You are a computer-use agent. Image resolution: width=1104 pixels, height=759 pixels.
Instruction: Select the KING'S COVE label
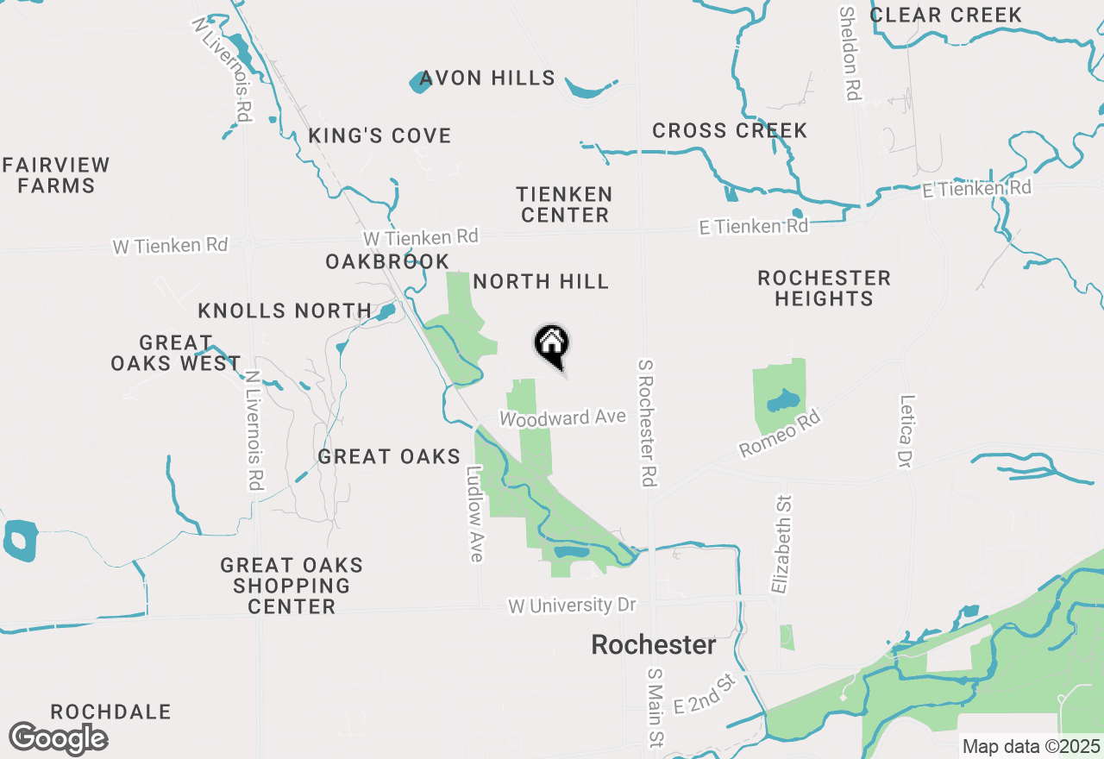point(379,136)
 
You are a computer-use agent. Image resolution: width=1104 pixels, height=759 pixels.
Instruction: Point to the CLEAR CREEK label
point(945,15)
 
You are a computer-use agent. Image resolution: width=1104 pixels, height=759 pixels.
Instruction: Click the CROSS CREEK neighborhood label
point(730,131)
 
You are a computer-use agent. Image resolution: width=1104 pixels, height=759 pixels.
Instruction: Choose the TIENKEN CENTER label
point(565,204)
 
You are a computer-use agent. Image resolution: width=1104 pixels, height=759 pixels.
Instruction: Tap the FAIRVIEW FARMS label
point(56,175)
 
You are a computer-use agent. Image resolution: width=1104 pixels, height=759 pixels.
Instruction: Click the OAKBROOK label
point(387,262)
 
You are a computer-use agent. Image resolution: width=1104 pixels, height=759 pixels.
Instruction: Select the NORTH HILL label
point(541,282)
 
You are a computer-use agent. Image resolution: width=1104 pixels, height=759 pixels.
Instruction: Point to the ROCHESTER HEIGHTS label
point(824,288)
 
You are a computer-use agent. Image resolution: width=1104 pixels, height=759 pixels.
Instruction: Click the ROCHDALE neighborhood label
point(110,712)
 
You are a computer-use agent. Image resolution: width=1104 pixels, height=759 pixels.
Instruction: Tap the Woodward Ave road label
point(562,418)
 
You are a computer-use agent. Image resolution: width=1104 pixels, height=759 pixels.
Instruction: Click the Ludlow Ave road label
point(474,514)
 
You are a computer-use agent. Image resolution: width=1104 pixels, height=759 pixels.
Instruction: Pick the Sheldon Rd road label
point(850,53)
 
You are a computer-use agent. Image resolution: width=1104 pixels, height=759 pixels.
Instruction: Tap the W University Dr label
point(572,605)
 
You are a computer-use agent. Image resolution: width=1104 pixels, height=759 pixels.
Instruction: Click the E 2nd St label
point(704,694)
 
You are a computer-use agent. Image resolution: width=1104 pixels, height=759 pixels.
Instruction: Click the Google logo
point(59,738)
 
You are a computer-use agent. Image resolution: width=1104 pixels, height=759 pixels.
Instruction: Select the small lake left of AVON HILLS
point(420,82)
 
